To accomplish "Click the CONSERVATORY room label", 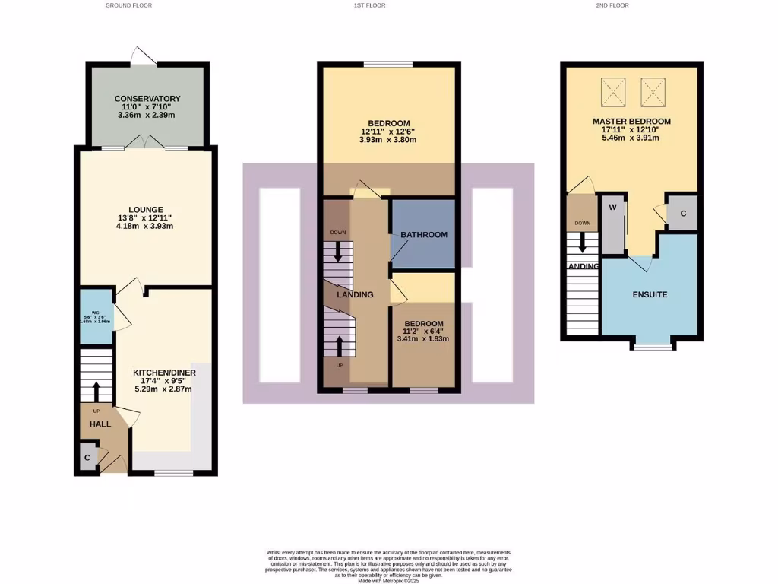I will click(147, 99).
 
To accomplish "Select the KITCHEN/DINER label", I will click(165, 372).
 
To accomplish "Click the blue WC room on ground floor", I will click(96, 316).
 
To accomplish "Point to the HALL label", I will click(100, 424).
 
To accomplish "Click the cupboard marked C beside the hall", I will click(87, 459).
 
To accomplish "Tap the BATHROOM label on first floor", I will click(424, 235).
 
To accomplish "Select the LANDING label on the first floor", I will click(355, 295).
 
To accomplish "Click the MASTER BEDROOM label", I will click(632, 122).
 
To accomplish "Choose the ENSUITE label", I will click(650, 294).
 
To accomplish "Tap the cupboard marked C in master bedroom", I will click(683, 214).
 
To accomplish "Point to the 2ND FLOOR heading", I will click(612, 5).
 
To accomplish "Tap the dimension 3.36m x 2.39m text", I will click(147, 116).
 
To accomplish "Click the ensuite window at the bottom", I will click(653, 346).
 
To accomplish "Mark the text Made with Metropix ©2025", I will click(388, 579).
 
